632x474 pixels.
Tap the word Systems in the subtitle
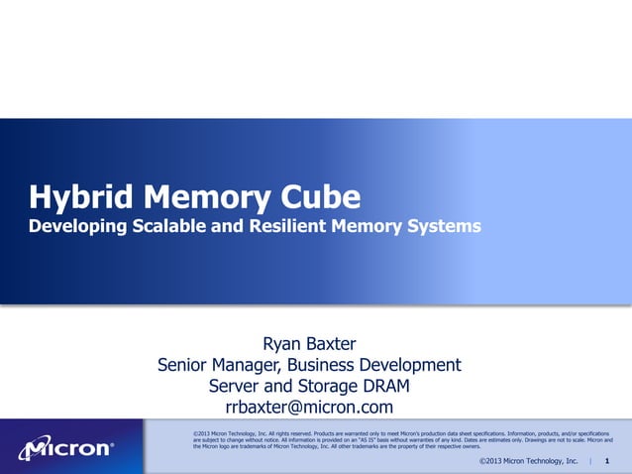443,227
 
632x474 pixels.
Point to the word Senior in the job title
183,365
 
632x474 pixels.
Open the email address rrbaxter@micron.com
309,408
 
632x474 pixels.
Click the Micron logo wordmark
66,448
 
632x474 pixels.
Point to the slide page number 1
606,462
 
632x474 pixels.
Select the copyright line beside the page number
528,462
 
